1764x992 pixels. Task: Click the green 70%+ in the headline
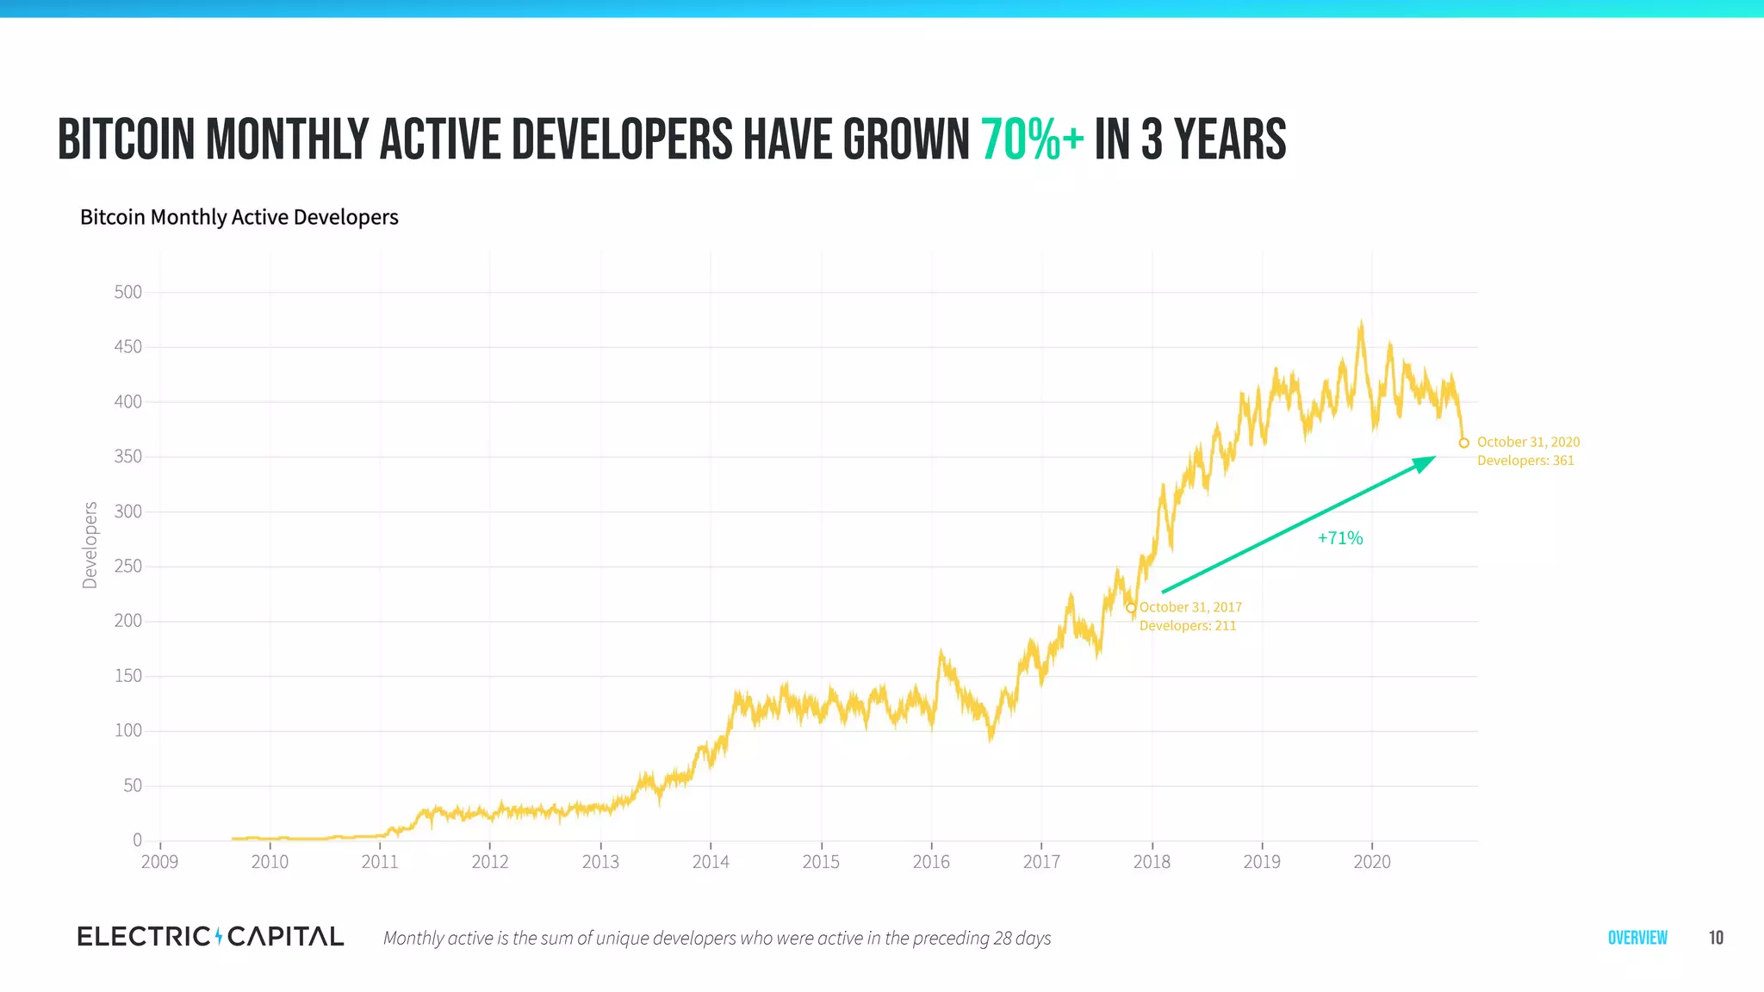click(x=1032, y=140)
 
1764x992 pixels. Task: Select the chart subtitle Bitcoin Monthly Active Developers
click(x=239, y=217)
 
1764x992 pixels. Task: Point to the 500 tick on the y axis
click(x=127, y=292)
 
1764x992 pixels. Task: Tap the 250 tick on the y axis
click(x=127, y=567)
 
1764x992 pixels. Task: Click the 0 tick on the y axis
click(x=137, y=840)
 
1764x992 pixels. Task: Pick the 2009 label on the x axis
click(x=159, y=862)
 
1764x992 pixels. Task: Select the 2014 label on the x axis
click(x=711, y=862)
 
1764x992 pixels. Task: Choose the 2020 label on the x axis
click(x=1372, y=862)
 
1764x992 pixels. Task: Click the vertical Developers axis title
click(x=90, y=545)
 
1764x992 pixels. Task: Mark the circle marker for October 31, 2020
click(x=1463, y=443)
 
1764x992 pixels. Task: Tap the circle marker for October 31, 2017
click(x=1131, y=608)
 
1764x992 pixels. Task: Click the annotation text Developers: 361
click(x=1525, y=461)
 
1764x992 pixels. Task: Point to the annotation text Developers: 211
click(x=1187, y=626)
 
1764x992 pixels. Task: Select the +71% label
click(x=1340, y=538)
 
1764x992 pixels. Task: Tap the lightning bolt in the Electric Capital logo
click(x=219, y=936)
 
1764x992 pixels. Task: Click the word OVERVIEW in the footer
click(x=1637, y=938)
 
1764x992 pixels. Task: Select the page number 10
click(x=1716, y=938)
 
